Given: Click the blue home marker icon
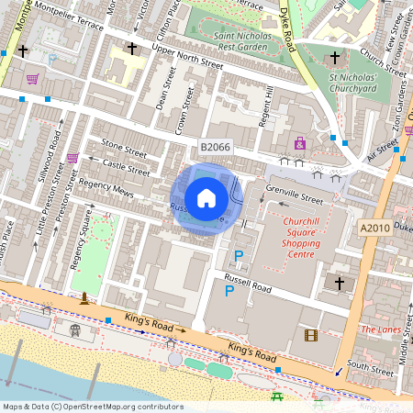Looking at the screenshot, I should (x=206, y=198).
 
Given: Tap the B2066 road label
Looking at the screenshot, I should (x=215, y=147).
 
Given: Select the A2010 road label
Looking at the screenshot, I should (x=374, y=229).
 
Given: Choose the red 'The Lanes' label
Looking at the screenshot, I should (x=381, y=329).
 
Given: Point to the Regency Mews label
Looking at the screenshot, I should (x=106, y=189).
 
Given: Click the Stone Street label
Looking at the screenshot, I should (x=123, y=147).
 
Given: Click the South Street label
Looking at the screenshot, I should (x=370, y=364).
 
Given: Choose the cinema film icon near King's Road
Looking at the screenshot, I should (x=310, y=335).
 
